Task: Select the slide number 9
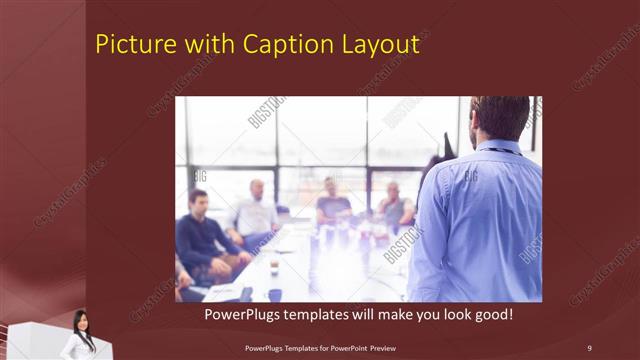(589, 347)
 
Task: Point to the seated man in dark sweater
(201, 235)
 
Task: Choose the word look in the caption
(461, 315)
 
